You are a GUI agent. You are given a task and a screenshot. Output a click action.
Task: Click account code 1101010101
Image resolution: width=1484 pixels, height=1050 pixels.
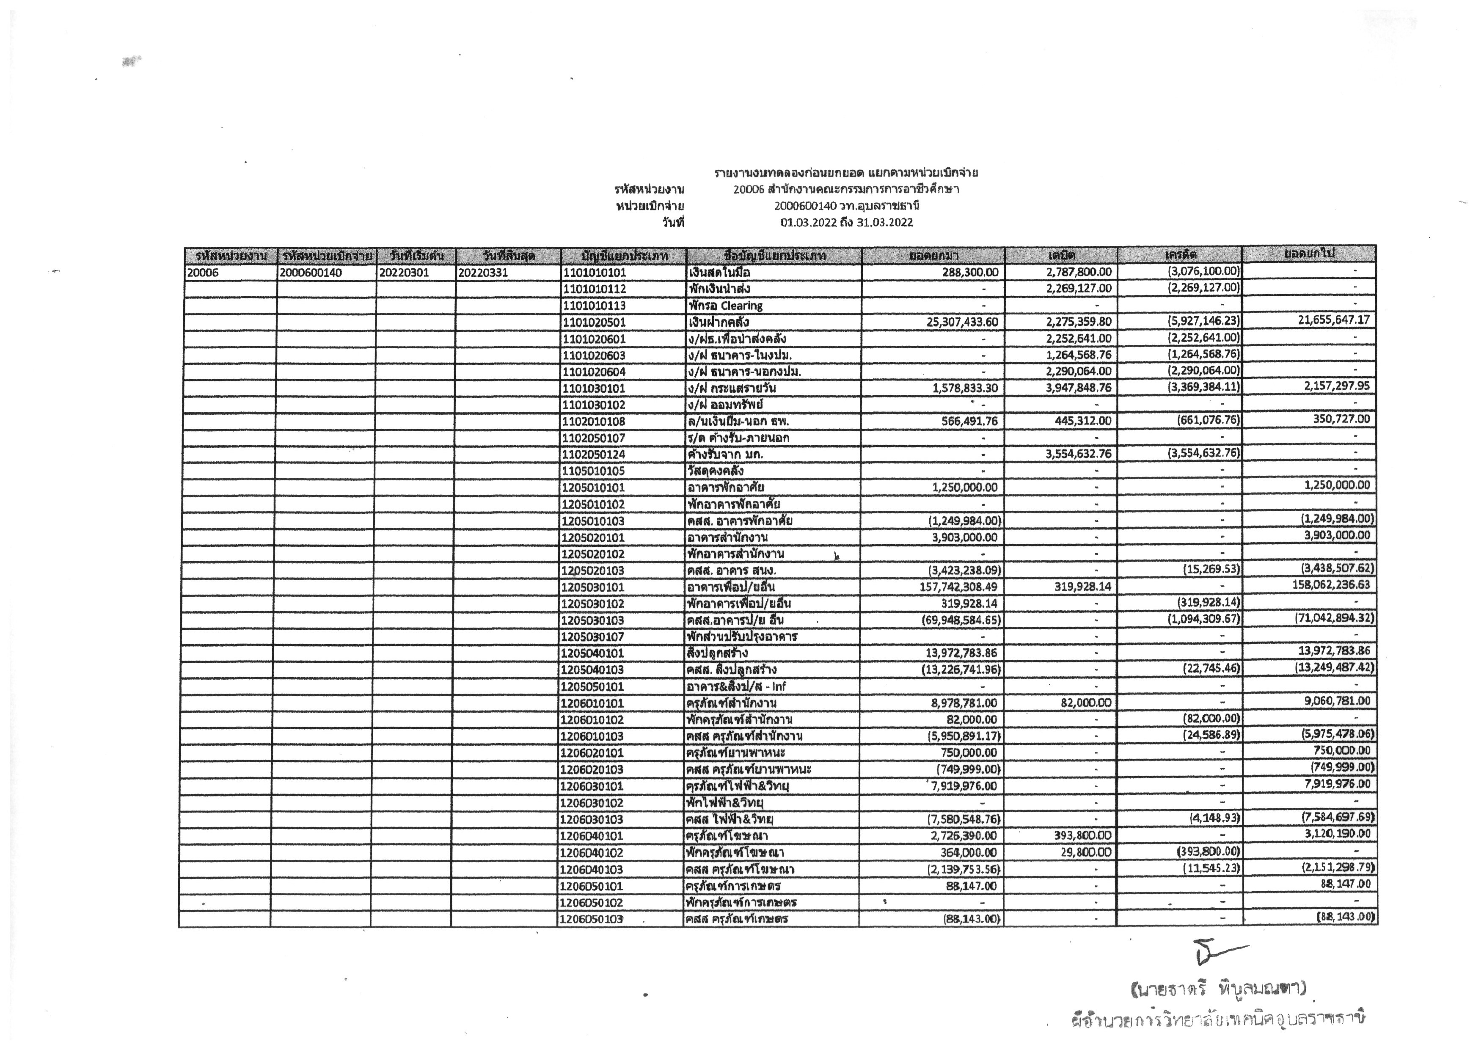click(x=595, y=272)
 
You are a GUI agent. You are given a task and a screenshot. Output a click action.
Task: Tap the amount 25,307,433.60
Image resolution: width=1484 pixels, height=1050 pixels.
click(x=962, y=322)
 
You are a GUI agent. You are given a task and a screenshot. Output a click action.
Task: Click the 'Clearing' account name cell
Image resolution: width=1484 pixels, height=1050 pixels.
click(x=726, y=305)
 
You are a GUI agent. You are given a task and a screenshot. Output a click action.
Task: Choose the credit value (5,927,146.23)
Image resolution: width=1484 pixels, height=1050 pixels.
click(x=1203, y=321)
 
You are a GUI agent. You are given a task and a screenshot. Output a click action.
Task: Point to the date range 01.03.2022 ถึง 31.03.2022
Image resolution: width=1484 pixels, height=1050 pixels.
click(x=847, y=223)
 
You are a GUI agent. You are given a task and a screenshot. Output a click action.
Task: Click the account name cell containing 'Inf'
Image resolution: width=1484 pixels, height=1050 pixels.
click(x=737, y=686)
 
